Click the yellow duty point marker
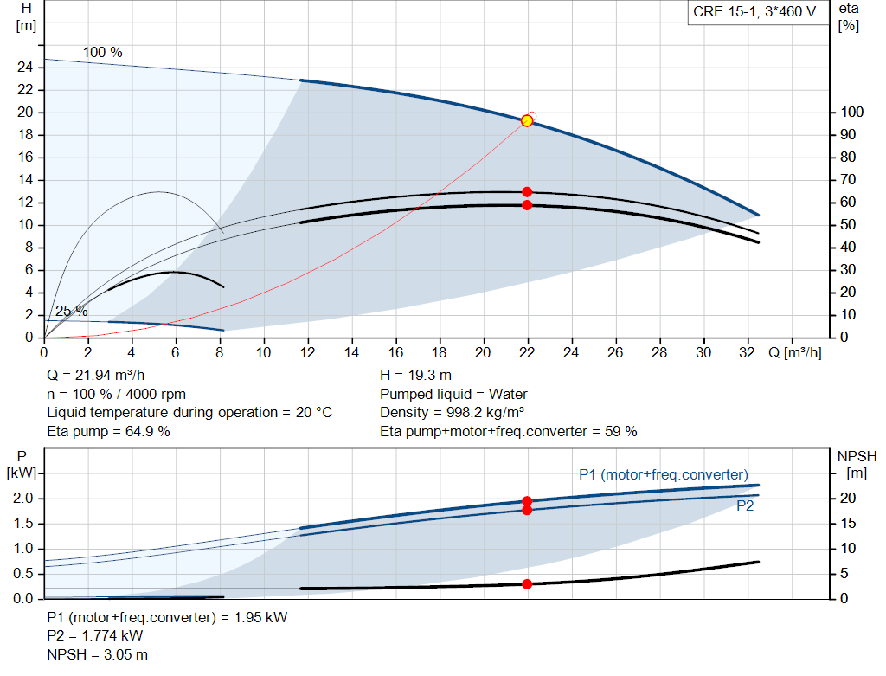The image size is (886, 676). [527, 120]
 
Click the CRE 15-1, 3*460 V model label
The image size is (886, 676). [754, 13]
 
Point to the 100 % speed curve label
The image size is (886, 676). [102, 53]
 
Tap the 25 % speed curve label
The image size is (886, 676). [71, 312]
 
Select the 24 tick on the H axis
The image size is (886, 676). [25, 68]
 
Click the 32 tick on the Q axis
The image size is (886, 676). [748, 353]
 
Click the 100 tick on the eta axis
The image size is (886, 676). [851, 113]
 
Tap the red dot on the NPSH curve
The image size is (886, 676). [527, 584]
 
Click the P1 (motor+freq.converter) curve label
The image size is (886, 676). [663, 474]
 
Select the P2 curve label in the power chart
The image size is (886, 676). [745, 506]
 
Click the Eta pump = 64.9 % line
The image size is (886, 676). [108, 431]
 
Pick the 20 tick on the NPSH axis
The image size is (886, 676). [849, 499]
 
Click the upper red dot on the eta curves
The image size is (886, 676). [527, 192]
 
